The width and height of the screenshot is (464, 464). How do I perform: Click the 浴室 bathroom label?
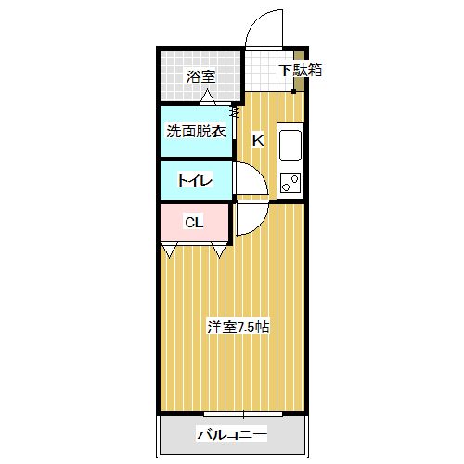[x=200, y=76]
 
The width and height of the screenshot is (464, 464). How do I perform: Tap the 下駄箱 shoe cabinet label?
[x=301, y=71]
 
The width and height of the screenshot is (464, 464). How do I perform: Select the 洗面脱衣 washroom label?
[x=196, y=132]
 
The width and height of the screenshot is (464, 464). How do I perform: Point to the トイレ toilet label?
[x=195, y=180]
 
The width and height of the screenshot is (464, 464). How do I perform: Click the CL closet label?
[x=194, y=222]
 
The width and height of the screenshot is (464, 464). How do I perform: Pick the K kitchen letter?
[x=258, y=141]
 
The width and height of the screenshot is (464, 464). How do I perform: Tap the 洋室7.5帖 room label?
[x=238, y=327]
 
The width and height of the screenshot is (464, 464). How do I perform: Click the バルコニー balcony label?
[x=232, y=435]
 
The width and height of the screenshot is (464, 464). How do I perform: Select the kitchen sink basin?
[x=290, y=145]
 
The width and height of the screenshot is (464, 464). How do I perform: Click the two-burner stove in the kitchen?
[x=290, y=183]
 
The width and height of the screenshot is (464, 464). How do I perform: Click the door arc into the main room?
[x=260, y=226]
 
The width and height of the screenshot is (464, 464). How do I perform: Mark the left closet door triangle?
[x=170, y=251]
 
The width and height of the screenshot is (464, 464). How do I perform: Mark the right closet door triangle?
[x=219, y=251]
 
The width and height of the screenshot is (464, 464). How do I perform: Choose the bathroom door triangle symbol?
[x=207, y=97]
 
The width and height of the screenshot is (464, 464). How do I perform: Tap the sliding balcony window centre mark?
[x=243, y=414]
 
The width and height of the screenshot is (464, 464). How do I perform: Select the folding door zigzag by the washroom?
[x=235, y=111]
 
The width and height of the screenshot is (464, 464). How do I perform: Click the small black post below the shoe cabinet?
[x=293, y=91]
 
